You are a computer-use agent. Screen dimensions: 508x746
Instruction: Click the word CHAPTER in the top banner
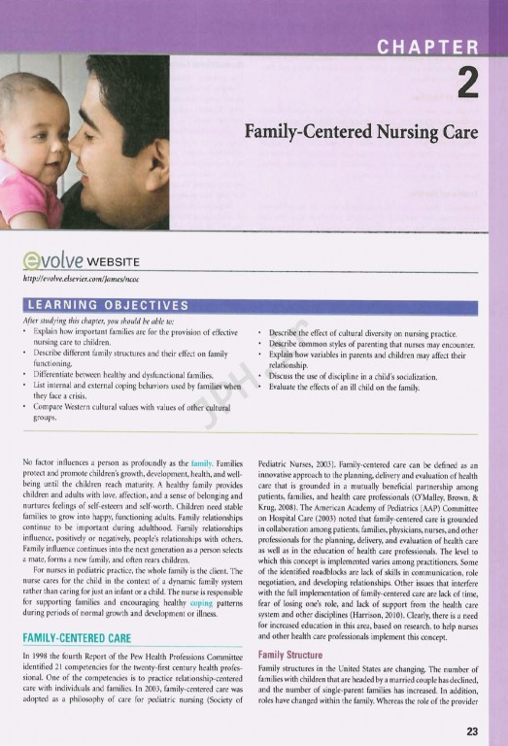[x=428, y=48]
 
